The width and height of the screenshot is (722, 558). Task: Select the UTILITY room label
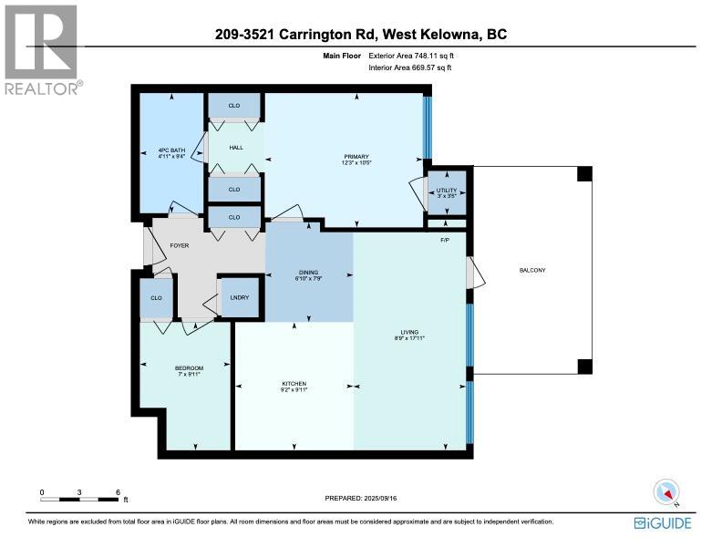(447, 191)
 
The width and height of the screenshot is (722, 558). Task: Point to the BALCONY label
(532, 269)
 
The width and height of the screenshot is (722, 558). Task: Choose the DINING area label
(308, 272)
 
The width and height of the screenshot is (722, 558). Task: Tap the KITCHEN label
(294, 384)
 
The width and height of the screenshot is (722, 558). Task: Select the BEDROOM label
(189, 368)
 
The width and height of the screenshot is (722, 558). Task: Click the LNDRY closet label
(241, 297)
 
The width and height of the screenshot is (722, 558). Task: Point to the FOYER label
(166, 246)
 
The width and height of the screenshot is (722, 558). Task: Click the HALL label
(235, 147)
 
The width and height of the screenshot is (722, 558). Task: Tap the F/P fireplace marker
(445, 240)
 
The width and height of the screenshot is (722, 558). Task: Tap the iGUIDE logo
(662, 522)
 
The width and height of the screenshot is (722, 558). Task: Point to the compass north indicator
(666, 492)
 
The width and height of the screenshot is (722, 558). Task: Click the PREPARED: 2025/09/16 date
(362, 498)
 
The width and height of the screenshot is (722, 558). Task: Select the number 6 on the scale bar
(118, 492)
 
